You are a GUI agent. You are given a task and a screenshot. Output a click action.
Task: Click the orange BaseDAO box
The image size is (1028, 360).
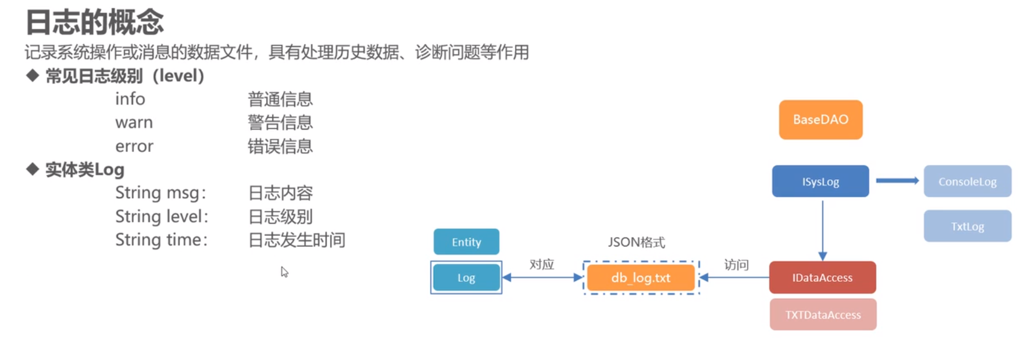point(820,120)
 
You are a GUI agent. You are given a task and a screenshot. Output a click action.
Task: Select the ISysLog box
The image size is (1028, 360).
point(820,181)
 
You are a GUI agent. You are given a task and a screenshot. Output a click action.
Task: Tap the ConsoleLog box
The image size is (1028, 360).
point(967,181)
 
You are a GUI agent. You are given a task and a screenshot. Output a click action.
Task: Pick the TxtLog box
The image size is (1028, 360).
point(967,226)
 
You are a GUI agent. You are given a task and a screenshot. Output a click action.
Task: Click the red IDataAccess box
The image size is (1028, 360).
point(822,277)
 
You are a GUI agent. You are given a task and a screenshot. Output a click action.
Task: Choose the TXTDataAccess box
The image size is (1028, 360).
point(823,315)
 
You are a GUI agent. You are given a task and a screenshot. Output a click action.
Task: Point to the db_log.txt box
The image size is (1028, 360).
point(641,277)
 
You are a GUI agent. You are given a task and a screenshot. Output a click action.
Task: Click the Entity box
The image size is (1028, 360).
point(466,242)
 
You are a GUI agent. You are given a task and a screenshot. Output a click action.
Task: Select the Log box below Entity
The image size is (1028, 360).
point(466,277)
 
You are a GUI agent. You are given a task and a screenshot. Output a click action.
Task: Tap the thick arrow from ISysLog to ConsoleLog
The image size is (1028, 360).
point(897,181)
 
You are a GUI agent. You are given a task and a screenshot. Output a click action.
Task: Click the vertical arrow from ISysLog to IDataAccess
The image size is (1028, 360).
point(822,229)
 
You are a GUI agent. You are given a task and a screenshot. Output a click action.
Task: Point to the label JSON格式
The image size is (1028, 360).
point(636,242)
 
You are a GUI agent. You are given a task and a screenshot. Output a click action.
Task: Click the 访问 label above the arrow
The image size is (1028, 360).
point(736,265)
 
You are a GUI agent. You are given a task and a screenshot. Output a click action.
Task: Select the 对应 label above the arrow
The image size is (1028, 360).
point(541,264)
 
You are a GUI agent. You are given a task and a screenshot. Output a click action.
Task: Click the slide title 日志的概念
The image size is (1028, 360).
point(95,22)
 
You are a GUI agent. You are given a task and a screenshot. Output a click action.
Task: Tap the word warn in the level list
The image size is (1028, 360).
point(134,123)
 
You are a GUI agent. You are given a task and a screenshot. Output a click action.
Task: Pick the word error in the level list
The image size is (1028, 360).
point(134,146)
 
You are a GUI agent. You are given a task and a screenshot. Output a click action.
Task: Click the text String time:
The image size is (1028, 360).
point(161,240)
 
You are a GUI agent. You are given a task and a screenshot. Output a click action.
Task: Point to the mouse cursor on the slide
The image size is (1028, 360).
point(284,272)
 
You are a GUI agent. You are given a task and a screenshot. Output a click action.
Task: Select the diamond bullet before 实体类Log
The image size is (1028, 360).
point(33,169)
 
